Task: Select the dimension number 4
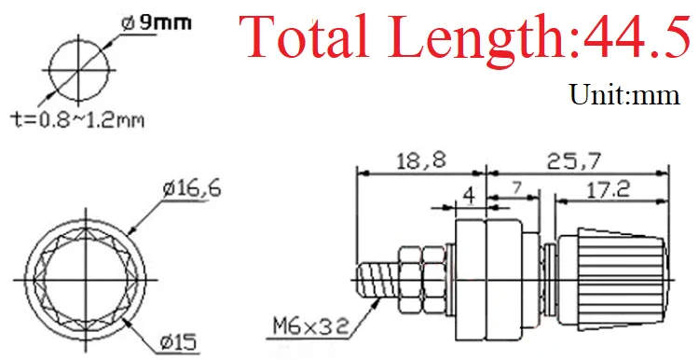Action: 470,199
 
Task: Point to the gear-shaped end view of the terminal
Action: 80,279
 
